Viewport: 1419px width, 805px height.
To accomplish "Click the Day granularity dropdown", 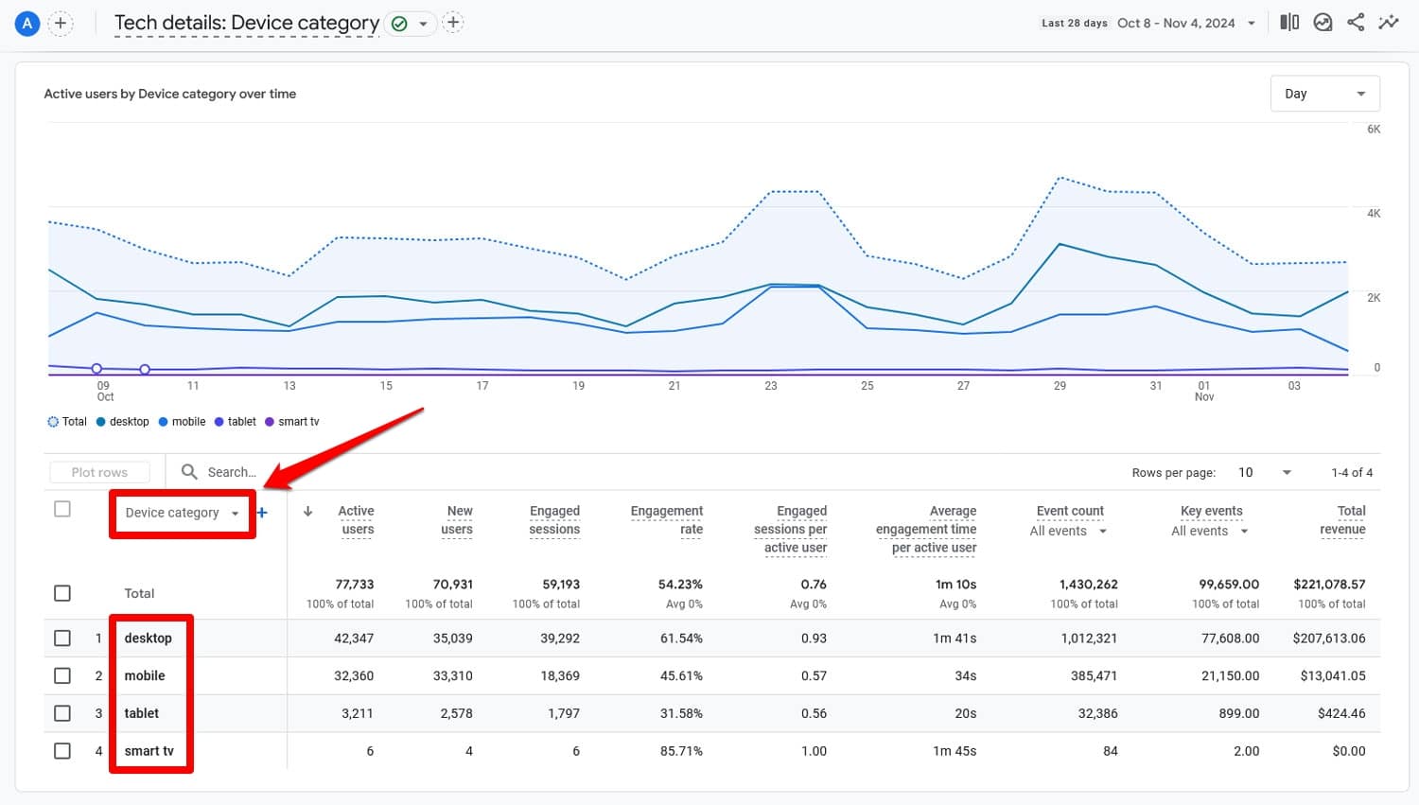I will pyautogui.click(x=1324, y=94).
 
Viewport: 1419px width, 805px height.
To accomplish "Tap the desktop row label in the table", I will pyautogui.click(x=149, y=639).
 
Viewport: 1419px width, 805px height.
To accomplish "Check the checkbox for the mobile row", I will pyautogui.click(x=62, y=675).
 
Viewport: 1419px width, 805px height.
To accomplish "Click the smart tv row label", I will pyautogui.click(x=149, y=751).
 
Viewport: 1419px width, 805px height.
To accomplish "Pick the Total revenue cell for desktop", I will pyautogui.click(x=1328, y=639).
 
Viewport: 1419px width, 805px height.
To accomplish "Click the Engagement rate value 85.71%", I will pyautogui.click(x=681, y=751).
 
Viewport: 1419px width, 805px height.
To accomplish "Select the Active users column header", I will pyautogui.click(x=356, y=520).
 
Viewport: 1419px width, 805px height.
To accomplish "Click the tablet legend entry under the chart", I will pyautogui.click(x=236, y=422).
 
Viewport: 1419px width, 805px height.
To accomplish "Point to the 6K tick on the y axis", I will pyautogui.click(x=1374, y=130).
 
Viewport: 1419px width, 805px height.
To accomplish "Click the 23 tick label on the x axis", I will pyautogui.click(x=771, y=386).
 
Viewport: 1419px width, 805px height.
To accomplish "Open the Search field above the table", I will pyautogui.click(x=232, y=472).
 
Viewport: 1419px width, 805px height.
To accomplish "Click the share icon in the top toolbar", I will pyautogui.click(x=1356, y=23).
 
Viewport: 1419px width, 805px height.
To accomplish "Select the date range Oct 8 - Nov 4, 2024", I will pyautogui.click(x=1176, y=23).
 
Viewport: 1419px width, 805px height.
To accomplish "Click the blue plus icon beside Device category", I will pyautogui.click(x=262, y=513).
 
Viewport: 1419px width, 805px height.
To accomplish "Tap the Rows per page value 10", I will pyautogui.click(x=1246, y=472).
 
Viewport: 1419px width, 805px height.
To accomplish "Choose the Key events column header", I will pyautogui.click(x=1211, y=511).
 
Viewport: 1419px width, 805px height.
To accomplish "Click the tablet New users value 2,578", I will pyautogui.click(x=456, y=713).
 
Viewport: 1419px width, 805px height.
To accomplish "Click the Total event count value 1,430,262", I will pyautogui.click(x=1088, y=585).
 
